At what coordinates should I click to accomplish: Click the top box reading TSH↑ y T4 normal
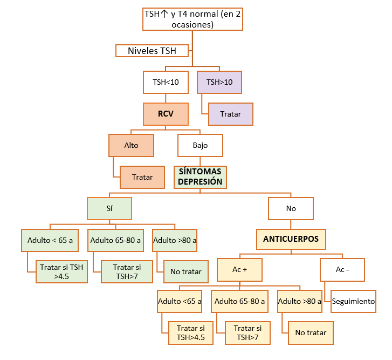click(x=192, y=19)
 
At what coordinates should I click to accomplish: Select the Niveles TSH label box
click(x=152, y=51)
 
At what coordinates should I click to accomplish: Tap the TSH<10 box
click(x=166, y=83)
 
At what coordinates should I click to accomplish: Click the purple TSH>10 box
click(x=219, y=83)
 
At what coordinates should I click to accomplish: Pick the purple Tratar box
click(x=230, y=114)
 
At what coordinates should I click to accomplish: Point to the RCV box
click(x=166, y=114)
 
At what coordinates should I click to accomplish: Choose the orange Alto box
click(x=131, y=145)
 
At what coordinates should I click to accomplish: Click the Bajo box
click(x=200, y=145)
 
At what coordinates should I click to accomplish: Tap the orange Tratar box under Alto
click(x=142, y=177)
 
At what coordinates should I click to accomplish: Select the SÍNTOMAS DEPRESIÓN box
click(x=200, y=176)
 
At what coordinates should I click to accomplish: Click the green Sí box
click(x=109, y=208)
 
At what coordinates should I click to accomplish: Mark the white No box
click(x=291, y=208)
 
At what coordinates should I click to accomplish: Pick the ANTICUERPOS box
click(x=291, y=239)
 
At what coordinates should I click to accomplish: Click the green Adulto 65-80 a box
click(x=115, y=240)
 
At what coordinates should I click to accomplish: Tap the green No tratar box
click(x=185, y=271)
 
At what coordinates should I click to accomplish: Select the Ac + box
click(x=239, y=269)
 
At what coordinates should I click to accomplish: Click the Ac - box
click(x=342, y=269)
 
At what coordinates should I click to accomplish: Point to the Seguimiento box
click(x=353, y=301)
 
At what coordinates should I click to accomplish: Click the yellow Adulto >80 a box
click(x=300, y=302)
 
